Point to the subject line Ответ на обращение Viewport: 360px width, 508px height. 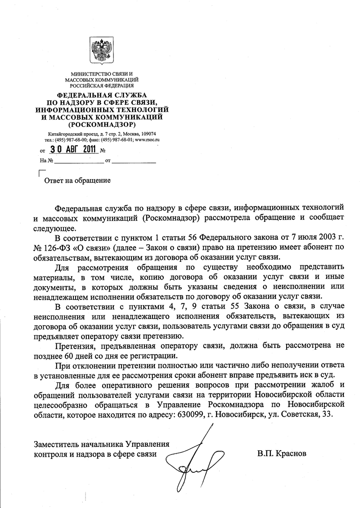coord(76,180)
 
